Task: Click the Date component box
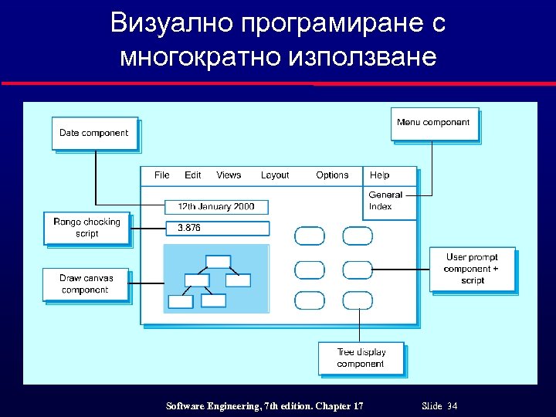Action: [x=94, y=133]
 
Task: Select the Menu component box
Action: [x=433, y=123]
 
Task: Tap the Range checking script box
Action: [x=86, y=228]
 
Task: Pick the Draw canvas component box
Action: [x=85, y=284]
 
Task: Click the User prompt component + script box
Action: [x=471, y=269]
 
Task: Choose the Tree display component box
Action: [x=361, y=358]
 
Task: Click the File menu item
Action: [x=162, y=175]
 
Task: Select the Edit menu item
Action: [x=193, y=175]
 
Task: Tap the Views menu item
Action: [x=229, y=175]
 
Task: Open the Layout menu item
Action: [x=275, y=175]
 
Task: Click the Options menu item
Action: [x=332, y=175]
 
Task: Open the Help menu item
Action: [x=380, y=175]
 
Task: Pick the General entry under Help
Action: [x=385, y=195]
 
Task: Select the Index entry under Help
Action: [x=381, y=206]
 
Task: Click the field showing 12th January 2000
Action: [x=216, y=207]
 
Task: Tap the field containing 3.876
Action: [x=218, y=228]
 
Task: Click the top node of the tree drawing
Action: [x=219, y=261]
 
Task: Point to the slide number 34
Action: [x=452, y=406]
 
